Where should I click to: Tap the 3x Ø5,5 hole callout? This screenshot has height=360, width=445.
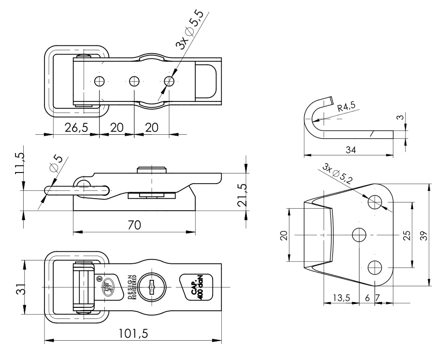pos(190,32)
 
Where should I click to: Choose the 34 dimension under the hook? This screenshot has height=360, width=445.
pos(351,150)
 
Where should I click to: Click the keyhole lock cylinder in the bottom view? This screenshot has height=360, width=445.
pos(152,287)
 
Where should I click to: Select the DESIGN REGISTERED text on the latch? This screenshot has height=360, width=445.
pos(132,288)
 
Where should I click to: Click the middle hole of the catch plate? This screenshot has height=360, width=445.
pos(359,235)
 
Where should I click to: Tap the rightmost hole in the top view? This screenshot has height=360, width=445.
pos(169,81)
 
